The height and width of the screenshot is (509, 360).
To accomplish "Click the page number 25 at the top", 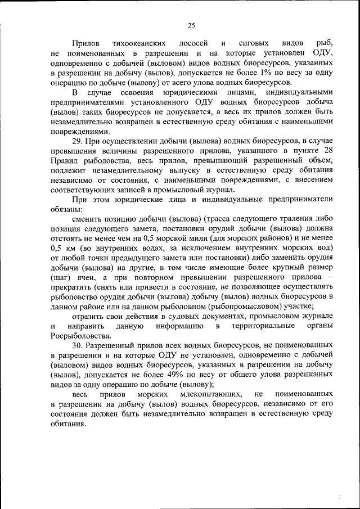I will click(191, 25).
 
